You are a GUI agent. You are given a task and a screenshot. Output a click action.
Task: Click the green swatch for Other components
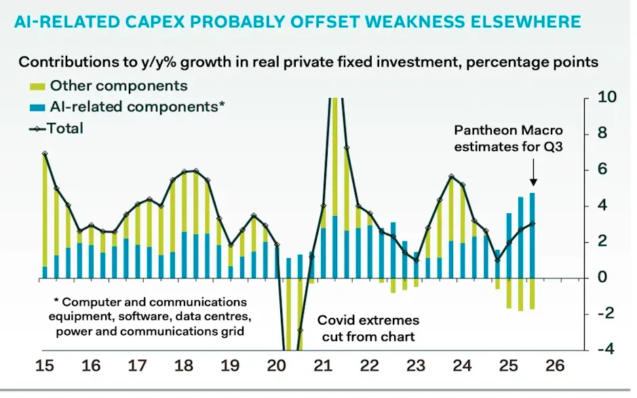click(x=38, y=86)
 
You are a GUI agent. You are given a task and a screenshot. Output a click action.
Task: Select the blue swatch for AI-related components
click(x=38, y=107)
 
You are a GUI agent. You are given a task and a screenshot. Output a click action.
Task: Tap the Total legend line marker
click(x=37, y=128)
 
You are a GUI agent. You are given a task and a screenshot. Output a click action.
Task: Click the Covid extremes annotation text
click(x=369, y=320)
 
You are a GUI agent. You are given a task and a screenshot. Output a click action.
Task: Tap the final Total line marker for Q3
click(x=533, y=223)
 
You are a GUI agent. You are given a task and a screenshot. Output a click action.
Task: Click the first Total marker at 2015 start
click(x=45, y=154)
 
